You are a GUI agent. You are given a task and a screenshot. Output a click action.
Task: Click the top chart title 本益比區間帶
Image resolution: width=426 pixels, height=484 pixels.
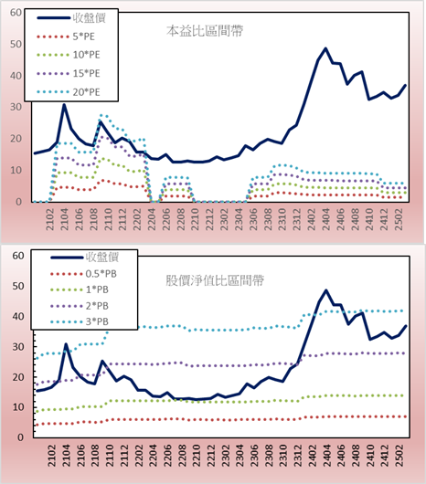205,31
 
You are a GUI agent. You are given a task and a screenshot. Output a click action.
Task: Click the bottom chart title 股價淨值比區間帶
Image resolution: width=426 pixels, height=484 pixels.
215,280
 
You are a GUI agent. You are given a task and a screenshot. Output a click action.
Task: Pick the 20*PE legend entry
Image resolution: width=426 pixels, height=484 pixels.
69,92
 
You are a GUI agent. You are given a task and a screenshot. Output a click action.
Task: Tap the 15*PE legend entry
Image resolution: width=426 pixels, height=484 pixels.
69,73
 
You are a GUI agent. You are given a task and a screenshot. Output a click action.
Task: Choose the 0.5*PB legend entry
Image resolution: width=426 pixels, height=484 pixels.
83,274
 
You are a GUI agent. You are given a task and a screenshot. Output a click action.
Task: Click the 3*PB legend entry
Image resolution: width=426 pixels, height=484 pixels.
80,321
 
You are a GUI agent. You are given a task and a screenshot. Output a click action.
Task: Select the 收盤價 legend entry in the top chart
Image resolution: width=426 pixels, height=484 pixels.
71,18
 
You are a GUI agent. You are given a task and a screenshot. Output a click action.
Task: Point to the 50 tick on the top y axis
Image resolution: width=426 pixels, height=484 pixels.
16,44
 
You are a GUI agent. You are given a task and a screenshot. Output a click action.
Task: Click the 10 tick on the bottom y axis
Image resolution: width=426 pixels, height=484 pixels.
18,407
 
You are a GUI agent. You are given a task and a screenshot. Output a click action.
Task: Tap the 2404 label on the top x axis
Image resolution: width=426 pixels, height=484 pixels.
326,219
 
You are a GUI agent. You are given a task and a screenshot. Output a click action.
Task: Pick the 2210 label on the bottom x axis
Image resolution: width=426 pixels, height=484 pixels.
196,456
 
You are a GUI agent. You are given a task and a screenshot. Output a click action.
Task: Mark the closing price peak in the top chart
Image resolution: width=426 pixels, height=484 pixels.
325,48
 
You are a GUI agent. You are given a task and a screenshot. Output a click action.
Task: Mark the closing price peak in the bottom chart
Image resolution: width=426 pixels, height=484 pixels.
326,290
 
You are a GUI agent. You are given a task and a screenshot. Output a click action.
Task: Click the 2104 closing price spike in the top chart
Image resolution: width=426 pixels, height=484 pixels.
64,105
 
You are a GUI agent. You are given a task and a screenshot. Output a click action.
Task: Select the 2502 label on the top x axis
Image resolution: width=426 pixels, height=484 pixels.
399,219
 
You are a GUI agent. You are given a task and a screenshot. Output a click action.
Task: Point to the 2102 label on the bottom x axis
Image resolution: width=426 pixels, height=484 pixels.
51,456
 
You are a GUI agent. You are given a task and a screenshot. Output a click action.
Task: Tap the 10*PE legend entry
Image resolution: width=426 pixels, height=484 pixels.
69,55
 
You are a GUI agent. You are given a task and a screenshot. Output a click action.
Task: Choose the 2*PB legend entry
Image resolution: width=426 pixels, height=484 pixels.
80,306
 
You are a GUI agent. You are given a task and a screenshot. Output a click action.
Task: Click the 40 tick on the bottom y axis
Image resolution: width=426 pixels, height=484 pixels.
18,316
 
